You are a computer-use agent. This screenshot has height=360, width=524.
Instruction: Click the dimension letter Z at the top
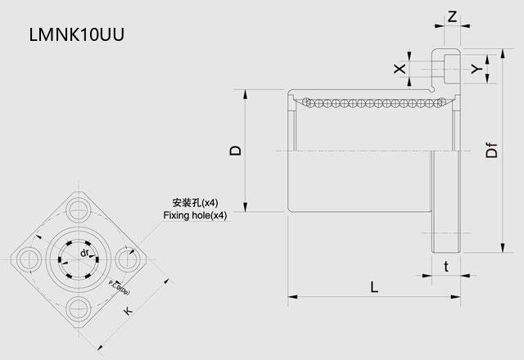click(x=452, y=15)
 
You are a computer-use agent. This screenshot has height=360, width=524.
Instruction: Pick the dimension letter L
click(x=373, y=287)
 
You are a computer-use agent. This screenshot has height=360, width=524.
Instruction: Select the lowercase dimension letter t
click(x=445, y=267)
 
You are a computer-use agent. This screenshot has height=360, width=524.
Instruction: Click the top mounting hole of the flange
click(x=79, y=205)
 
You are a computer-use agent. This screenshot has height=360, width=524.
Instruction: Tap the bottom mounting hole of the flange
click(x=79, y=308)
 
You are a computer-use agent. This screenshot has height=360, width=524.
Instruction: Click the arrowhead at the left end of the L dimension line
click(x=291, y=296)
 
